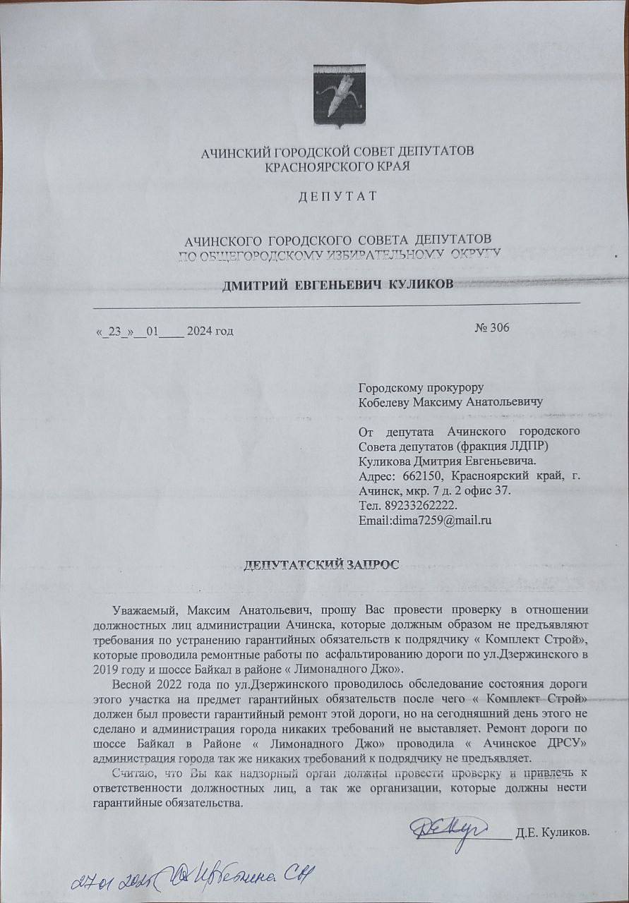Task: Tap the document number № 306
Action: tap(492, 327)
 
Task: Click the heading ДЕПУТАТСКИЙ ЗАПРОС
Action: tap(321, 564)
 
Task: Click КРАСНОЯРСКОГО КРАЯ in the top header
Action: tap(337, 166)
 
